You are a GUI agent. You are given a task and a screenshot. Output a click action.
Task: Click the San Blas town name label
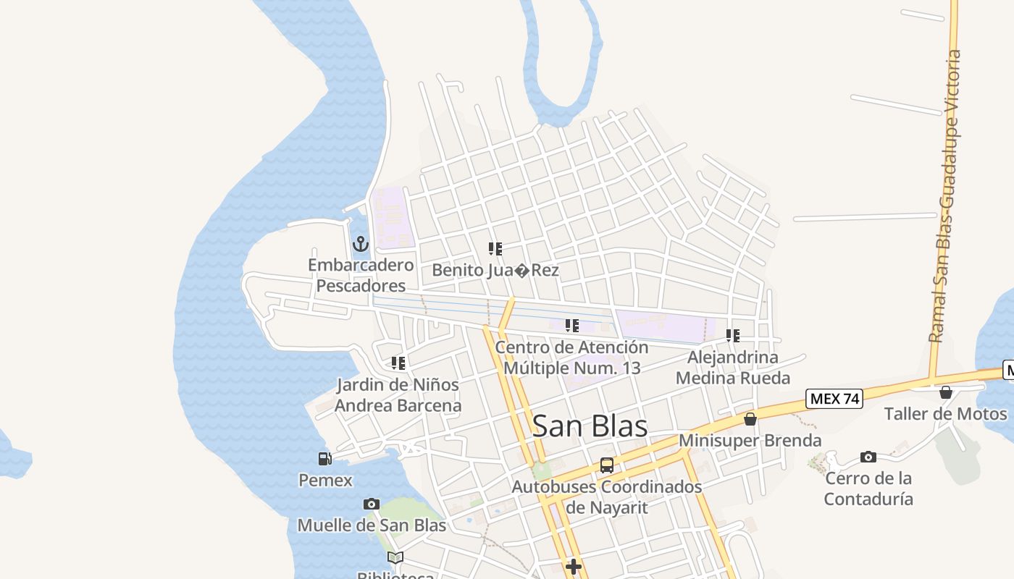590,426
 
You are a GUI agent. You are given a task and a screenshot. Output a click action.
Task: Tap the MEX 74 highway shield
834,399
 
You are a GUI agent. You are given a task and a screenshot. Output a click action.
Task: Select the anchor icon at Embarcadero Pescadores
361,244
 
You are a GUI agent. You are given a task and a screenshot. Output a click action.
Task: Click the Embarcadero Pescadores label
361,275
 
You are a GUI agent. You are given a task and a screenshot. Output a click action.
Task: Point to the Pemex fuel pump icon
324,458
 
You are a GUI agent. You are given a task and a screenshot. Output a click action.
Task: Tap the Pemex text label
325,480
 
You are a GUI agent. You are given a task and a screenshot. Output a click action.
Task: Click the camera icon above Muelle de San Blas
372,504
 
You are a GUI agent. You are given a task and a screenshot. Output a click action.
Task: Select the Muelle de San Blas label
372,525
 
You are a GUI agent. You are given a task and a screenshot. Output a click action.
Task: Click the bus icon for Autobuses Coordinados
607,465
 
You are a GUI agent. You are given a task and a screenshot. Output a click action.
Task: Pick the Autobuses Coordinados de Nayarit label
607,496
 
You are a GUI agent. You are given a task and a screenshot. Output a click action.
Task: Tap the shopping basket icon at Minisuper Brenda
750,419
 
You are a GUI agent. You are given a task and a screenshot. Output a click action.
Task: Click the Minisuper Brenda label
750,440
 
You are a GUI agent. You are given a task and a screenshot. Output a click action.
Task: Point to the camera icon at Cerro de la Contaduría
868,457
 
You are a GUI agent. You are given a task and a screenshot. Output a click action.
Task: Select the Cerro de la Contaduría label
868,488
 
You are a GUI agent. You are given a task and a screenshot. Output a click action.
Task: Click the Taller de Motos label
945,414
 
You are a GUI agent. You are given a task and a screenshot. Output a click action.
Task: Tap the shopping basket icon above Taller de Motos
946,392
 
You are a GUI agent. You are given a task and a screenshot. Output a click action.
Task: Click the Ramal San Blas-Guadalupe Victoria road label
947,195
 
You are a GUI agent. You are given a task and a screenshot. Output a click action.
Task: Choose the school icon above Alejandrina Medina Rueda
733,336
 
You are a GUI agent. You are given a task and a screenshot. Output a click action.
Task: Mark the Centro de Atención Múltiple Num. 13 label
571,358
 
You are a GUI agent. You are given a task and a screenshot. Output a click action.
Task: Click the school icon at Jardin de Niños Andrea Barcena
398,363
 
